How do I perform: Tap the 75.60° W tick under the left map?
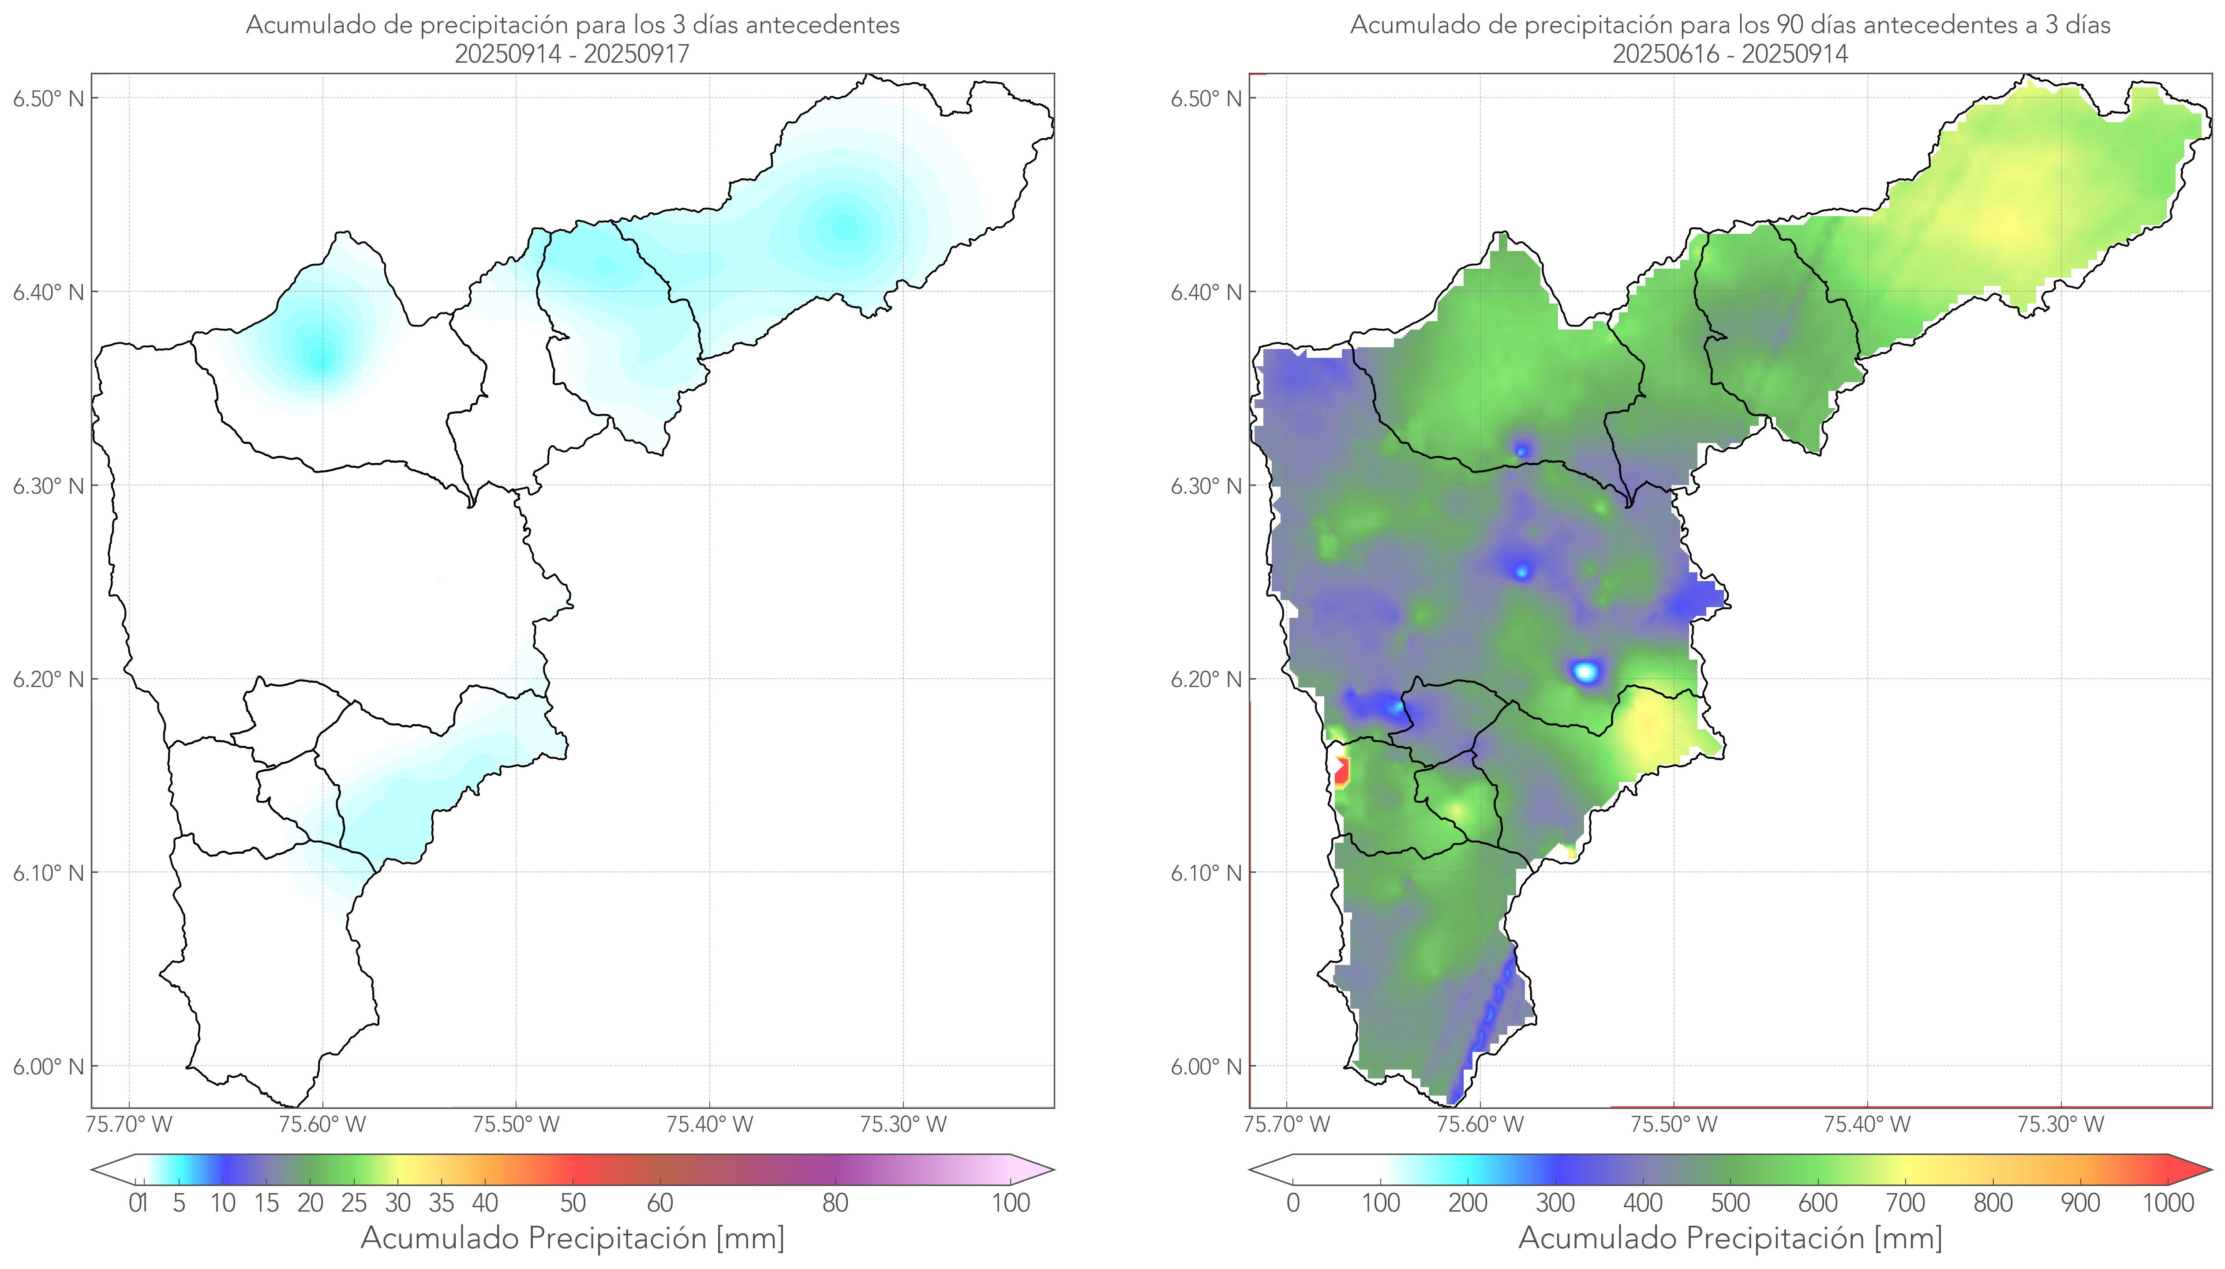point(322,1124)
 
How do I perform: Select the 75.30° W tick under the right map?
point(2060,1124)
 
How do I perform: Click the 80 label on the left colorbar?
point(835,1203)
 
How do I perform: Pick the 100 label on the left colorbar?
point(1011,1203)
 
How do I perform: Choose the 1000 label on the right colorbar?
point(2168,1203)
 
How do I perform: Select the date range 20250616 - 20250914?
point(1730,54)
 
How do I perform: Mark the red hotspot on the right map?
point(1341,771)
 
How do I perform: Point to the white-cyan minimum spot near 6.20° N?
point(1586,671)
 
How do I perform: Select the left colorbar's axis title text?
point(573,1238)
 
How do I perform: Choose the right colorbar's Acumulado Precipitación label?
point(1730,1238)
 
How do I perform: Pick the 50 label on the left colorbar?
point(573,1203)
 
